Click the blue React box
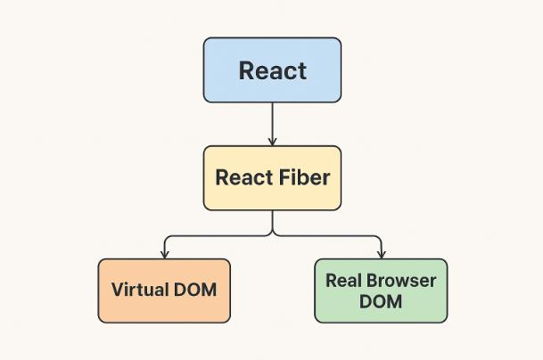272,70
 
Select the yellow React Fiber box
272,177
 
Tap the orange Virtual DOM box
164,290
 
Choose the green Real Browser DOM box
381,290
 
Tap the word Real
344,281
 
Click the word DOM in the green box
381,301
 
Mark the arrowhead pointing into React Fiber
272,141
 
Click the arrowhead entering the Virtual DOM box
164,254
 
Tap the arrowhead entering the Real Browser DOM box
381,254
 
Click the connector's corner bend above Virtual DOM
165,237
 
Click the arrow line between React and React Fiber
272,120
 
